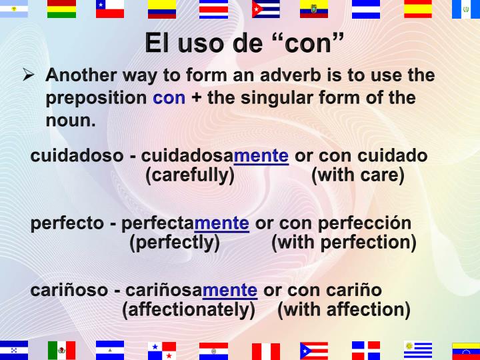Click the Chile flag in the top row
pos(110,9)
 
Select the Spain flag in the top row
pos(418,9)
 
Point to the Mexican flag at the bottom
pos(61,350)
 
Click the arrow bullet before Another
pos(29,76)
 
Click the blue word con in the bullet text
pos(169,99)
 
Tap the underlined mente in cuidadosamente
pos(261,156)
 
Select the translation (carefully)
pos(190,176)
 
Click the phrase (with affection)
pos(343,310)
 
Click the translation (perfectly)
pos(175,243)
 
